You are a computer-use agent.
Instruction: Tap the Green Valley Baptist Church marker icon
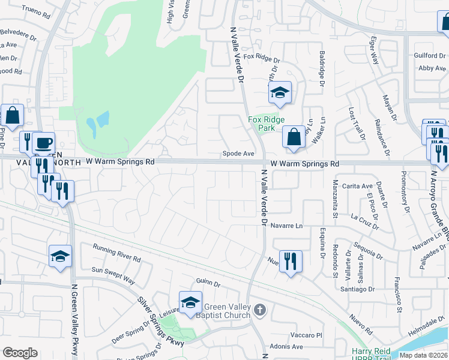click(x=259, y=310)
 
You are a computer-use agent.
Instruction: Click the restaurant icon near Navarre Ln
click(x=291, y=261)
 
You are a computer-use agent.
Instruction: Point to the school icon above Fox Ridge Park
click(x=280, y=92)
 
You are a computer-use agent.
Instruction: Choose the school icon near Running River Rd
click(x=60, y=256)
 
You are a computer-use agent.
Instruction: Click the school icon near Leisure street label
click(x=190, y=302)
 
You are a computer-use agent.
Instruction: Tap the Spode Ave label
click(x=239, y=154)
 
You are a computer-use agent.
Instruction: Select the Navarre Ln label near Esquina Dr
click(x=291, y=226)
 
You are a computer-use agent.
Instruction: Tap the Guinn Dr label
click(x=208, y=283)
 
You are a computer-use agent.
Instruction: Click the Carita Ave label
click(x=353, y=186)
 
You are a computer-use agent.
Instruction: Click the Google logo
click(x=20, y=353)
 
